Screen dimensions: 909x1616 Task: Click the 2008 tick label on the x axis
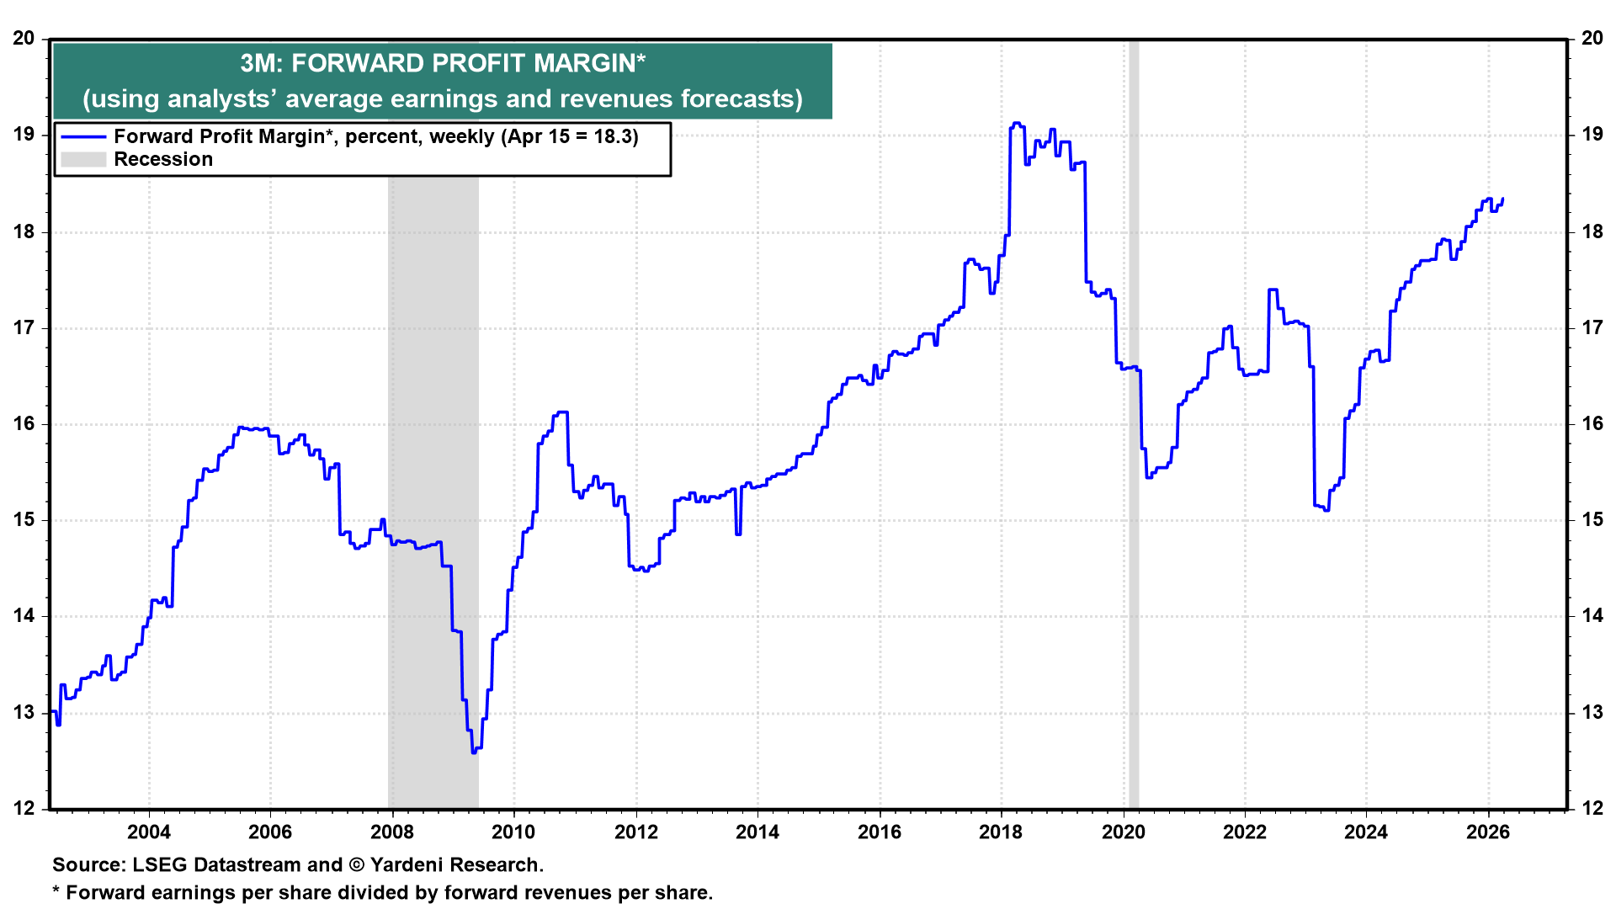[x=391, y=832]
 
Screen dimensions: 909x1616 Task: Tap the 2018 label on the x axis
[x=1001, y=832]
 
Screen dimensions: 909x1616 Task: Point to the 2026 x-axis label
[x=1488, y=832]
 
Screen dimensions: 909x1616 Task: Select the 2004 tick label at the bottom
[x=148, y=832]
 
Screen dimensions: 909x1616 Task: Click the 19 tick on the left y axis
[x=24, y=135]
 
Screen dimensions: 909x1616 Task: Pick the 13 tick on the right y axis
[x=1592, y=713]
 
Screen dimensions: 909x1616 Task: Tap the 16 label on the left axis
[x=24, y=424]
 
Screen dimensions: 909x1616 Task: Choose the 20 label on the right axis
[x=1592, y=39]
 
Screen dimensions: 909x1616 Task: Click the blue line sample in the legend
[x=83, y=137]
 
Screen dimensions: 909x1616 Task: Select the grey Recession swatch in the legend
[x=83, y=160]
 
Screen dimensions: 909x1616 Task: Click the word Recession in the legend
[x=163, y=160]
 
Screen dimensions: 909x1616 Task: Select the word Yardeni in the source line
[x=407, y=865]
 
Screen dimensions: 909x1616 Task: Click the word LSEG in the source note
[x=159, y=865]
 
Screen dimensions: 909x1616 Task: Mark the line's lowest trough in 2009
[x=474, y=752]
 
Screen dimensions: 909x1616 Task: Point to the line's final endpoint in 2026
[x=1502, y=199]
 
